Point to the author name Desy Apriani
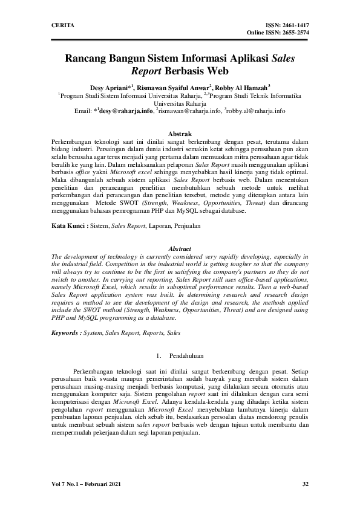(x=111, y=87)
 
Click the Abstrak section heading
(x=179, y=133)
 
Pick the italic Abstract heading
(x=179, y=249)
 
